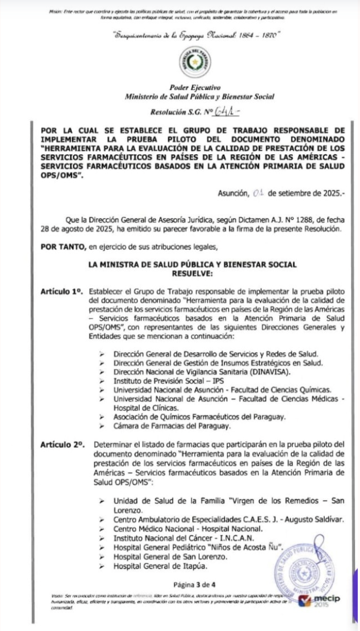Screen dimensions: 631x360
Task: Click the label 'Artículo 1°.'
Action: tap(62, 290)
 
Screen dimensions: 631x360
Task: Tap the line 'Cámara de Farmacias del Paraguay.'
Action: tap(171, 426)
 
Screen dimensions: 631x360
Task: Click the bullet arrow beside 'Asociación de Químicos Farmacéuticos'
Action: tap(102, 417)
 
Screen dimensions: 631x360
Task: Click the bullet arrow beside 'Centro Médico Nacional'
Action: tap(102, 529)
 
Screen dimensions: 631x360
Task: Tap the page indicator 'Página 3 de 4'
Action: tap(193, 584)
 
